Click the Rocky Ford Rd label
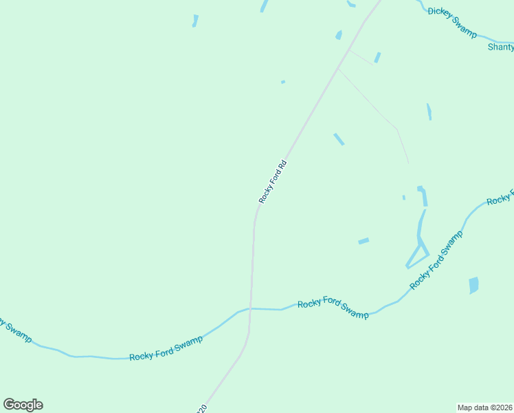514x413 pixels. point(272,182)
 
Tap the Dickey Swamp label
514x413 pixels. point(451,21)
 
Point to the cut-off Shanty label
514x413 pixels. point(500,47)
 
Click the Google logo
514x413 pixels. point(23,405)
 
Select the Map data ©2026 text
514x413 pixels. point(484,407)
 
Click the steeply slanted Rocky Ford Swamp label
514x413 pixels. point(436,260)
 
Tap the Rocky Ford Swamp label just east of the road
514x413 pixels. point(333,308)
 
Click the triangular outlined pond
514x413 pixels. point(418,253)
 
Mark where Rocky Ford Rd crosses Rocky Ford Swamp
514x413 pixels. point(251,308)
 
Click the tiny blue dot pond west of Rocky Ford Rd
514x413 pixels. point(283,82)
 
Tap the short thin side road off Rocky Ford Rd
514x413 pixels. point(361,56)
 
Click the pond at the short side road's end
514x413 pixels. point(377,57)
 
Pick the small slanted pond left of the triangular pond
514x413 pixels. point(364,241)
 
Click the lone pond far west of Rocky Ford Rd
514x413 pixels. point(195,21)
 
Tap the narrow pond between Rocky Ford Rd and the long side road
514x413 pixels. point(339,139)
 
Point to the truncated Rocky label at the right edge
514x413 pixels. point(500,199)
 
